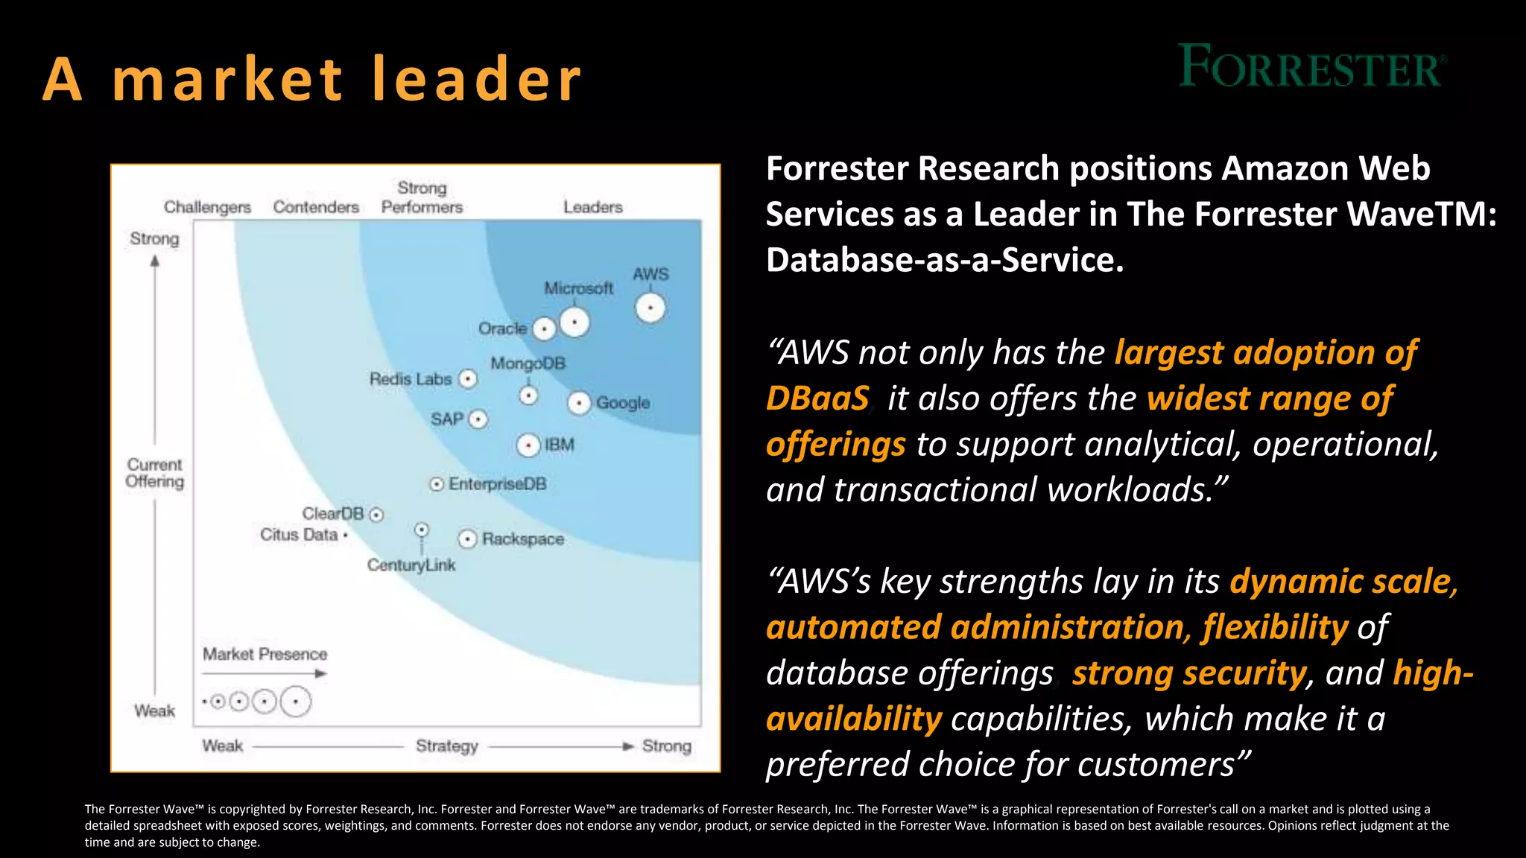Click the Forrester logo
1311,66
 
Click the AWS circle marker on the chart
650,308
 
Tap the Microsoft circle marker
574,322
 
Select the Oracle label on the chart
502,328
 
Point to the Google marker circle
579,403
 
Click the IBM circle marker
528,445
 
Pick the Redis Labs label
411,379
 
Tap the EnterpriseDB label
497,484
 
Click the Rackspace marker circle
467,538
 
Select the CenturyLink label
411,565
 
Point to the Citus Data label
299,535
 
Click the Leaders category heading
592,207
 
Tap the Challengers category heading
207,207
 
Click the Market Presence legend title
265,654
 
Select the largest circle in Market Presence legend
296,702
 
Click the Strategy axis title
446,746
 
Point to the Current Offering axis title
154,473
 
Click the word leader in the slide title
477,79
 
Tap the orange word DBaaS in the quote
817,398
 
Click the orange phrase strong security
1189,673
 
